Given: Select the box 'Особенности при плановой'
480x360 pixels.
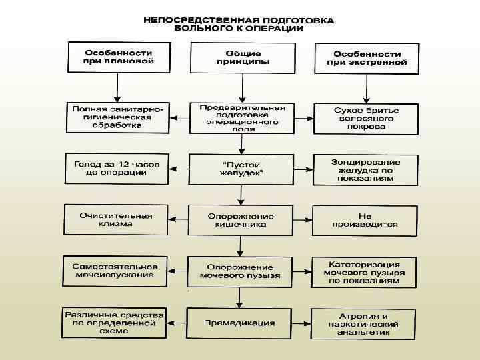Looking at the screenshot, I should point(118,57).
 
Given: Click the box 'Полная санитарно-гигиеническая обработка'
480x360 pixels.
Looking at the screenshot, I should point(118,117).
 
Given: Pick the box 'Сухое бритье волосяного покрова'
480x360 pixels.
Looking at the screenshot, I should point(366,117).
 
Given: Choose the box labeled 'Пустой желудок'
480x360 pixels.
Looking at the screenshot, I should point(240,169).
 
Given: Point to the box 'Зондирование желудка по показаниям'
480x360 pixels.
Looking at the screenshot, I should point(366,169).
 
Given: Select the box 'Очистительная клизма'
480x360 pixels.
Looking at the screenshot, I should point(116,219).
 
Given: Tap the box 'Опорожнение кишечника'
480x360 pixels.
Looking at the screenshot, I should point(240,220).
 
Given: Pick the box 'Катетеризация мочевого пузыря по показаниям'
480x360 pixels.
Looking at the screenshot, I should point(364,271).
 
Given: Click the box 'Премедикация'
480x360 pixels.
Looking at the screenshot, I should point(240,323).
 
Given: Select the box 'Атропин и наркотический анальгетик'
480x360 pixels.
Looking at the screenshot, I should point(364,323).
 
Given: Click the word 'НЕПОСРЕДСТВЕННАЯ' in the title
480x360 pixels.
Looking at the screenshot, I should point(195,21).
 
